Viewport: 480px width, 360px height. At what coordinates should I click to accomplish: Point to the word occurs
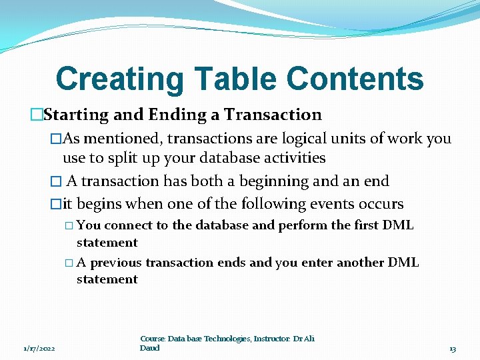tap(380, 204)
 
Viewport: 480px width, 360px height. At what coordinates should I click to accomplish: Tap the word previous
tap(116, 263)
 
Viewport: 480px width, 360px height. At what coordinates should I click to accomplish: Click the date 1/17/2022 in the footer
tap(39, 349)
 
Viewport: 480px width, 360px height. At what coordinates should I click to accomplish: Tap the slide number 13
tap(453, 349)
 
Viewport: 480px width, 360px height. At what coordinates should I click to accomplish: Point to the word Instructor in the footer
tap(273, 339)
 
